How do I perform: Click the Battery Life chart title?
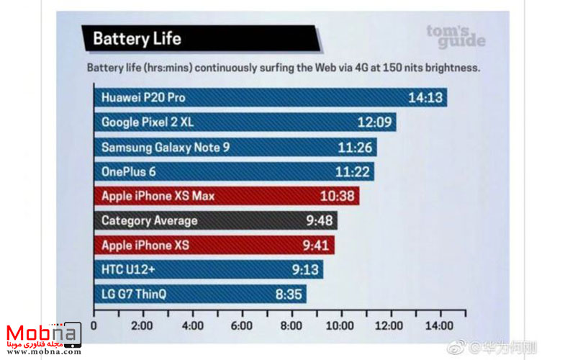point(137,37)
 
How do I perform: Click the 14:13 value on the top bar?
point(425,97)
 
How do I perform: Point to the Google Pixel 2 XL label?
point(148,122)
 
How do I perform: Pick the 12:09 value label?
point(374,122)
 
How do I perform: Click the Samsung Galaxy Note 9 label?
point(166,147)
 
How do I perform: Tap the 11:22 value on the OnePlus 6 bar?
point(353,171)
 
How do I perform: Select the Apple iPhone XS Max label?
point(158,196)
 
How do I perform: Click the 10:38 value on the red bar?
point(339,196)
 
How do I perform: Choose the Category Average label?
point(149,220)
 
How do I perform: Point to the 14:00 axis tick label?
point(440,325)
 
